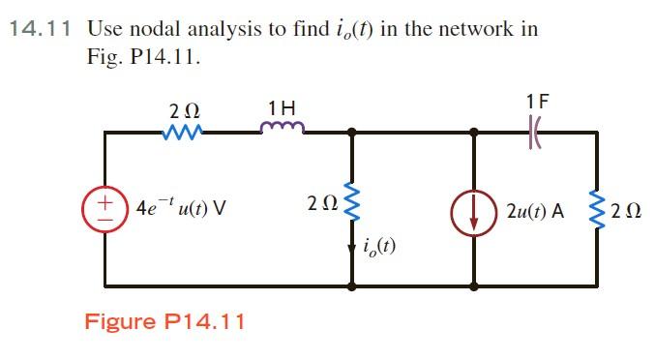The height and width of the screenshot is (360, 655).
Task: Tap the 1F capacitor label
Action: click(x=537, y=100)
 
